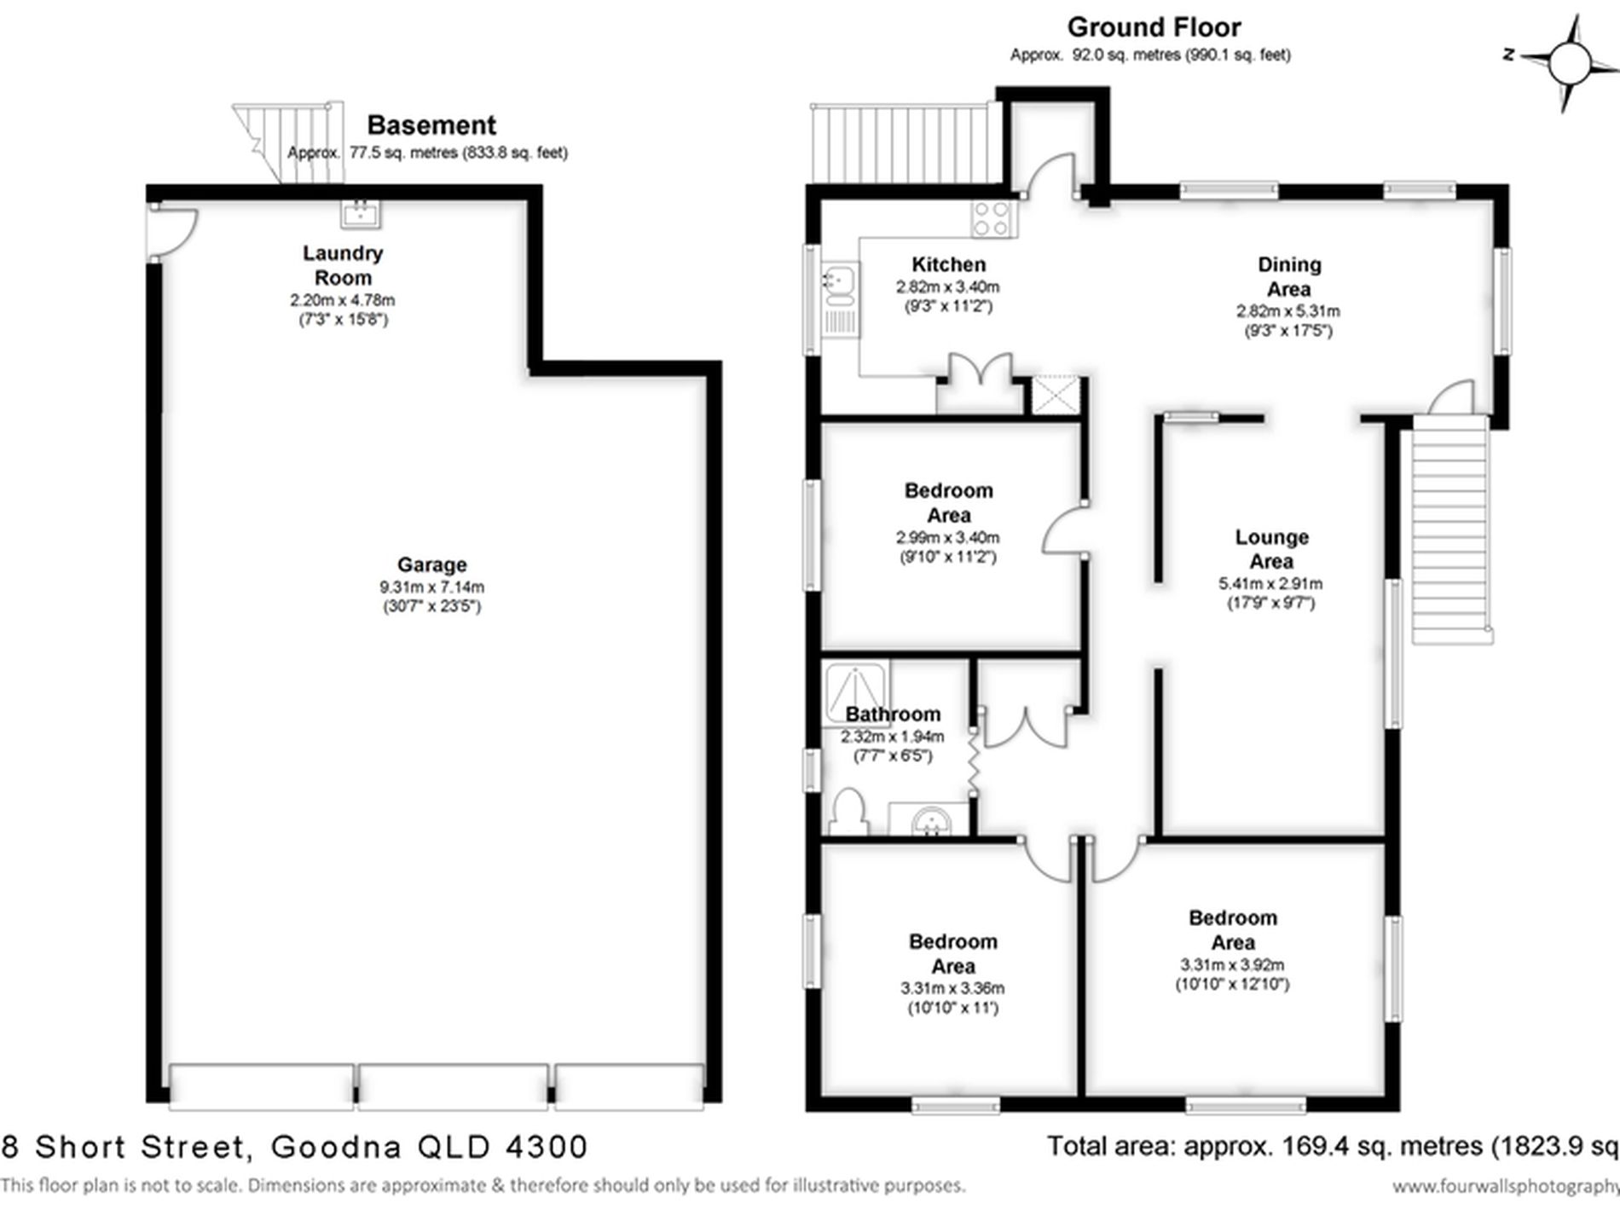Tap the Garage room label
431,564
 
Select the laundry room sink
361,213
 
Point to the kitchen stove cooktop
992,218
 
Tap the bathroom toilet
848,812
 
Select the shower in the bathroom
855,689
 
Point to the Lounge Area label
1271,549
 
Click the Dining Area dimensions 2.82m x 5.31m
1287,311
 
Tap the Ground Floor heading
1153,27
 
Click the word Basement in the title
431,125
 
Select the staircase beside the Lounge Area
1449,529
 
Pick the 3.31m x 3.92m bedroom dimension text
1232,965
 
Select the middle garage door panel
452,1086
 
